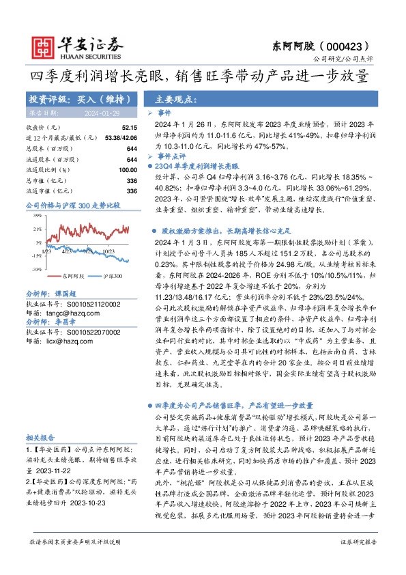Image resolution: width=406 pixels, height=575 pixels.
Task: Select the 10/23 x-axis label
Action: [x=108, y=251]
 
